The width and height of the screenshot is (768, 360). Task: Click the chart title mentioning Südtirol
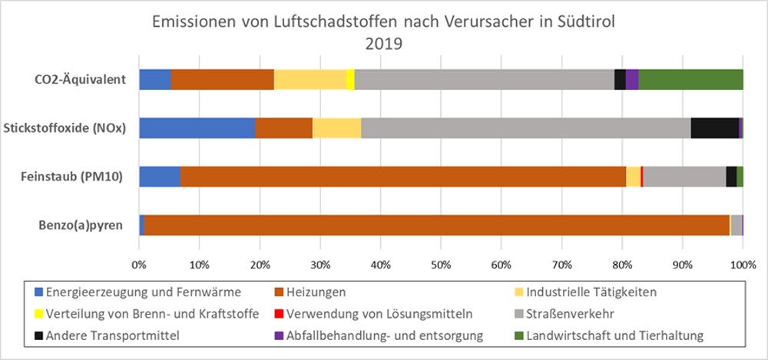click(x=383, y=23)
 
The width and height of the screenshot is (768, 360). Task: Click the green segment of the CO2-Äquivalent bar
click(x=690, y=80)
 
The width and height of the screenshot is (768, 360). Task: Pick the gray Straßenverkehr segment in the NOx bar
click(x=525, y=128)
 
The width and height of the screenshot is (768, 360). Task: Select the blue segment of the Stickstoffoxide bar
click(x=197, y=128)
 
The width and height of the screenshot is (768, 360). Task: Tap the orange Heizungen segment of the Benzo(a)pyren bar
click(x=436, y=225)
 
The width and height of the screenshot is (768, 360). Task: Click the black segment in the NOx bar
click(x=714, y=128)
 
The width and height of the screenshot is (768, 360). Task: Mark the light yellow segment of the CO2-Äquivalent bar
click(x=310, y=80)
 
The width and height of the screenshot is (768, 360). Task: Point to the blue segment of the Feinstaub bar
click(x=159, y=177)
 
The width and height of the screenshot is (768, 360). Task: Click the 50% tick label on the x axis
click(x=440, y=265)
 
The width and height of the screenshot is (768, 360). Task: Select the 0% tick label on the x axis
click(x=139, y=265)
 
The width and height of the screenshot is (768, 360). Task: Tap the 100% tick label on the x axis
click(x=742, y=265)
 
